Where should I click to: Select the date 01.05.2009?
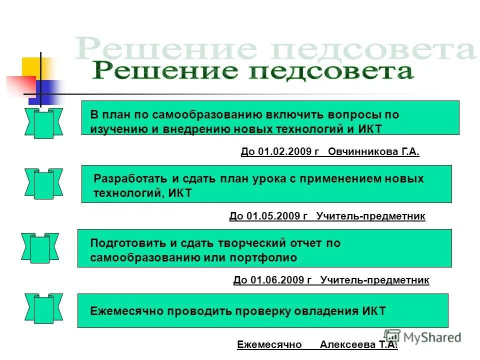coord(274,216)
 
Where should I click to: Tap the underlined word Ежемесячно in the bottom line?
coord(269,344)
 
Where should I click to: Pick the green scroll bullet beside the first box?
coord(43,123)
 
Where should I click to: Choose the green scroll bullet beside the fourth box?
coord(43,309)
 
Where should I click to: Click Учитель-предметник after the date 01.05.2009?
coord(370,216)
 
